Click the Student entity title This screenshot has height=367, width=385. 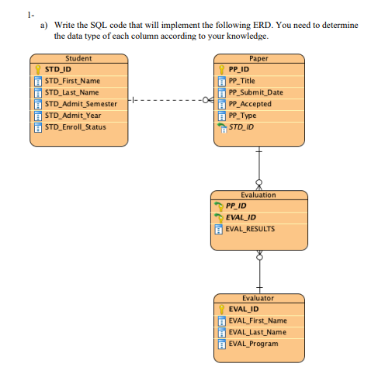point(78,58)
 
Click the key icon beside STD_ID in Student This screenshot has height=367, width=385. point(37,69)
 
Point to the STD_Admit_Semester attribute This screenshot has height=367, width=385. point(81,104)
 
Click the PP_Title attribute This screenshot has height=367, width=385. point(248,81)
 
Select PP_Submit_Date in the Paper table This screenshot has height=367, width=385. point(257,92)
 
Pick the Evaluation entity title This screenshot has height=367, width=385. point(258,195)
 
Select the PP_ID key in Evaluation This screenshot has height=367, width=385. point(236,206)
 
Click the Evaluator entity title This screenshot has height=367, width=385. point(258,298)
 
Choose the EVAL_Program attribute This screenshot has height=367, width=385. point(253,343)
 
